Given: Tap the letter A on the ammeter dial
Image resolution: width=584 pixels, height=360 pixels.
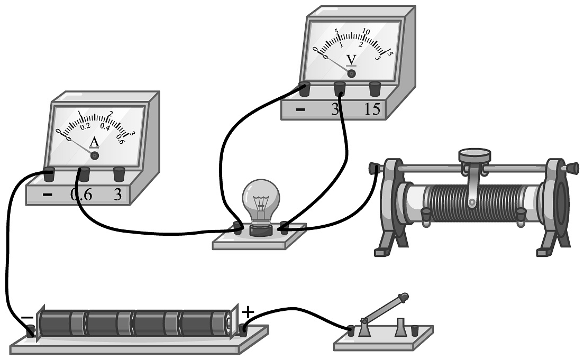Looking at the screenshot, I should pos(94,142).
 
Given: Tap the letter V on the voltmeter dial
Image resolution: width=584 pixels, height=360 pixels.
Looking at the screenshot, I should pos(351,59).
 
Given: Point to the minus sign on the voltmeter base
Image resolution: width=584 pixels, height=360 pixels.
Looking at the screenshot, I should pos(300,110).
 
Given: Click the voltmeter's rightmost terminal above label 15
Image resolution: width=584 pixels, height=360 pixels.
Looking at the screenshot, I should pos(375,88).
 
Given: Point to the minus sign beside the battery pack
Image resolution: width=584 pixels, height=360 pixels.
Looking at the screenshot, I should pos(26,318).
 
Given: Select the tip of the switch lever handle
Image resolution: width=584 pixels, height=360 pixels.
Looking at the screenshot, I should pos(405,297).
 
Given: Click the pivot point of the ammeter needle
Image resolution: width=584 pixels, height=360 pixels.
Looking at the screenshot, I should pos(95,156).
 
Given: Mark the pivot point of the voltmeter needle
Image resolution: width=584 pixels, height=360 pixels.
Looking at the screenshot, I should pos(351,73).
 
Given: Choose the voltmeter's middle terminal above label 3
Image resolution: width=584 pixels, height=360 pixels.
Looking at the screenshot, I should pos(340,88).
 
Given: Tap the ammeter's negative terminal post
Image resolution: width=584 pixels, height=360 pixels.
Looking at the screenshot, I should pos(49,174).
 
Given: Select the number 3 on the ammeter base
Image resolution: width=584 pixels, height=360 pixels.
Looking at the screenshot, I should pos(117,195).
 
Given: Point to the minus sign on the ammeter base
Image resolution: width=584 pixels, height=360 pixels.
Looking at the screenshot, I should pos(48,195).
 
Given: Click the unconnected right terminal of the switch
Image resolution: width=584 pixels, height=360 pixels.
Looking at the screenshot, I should pos(415,330).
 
